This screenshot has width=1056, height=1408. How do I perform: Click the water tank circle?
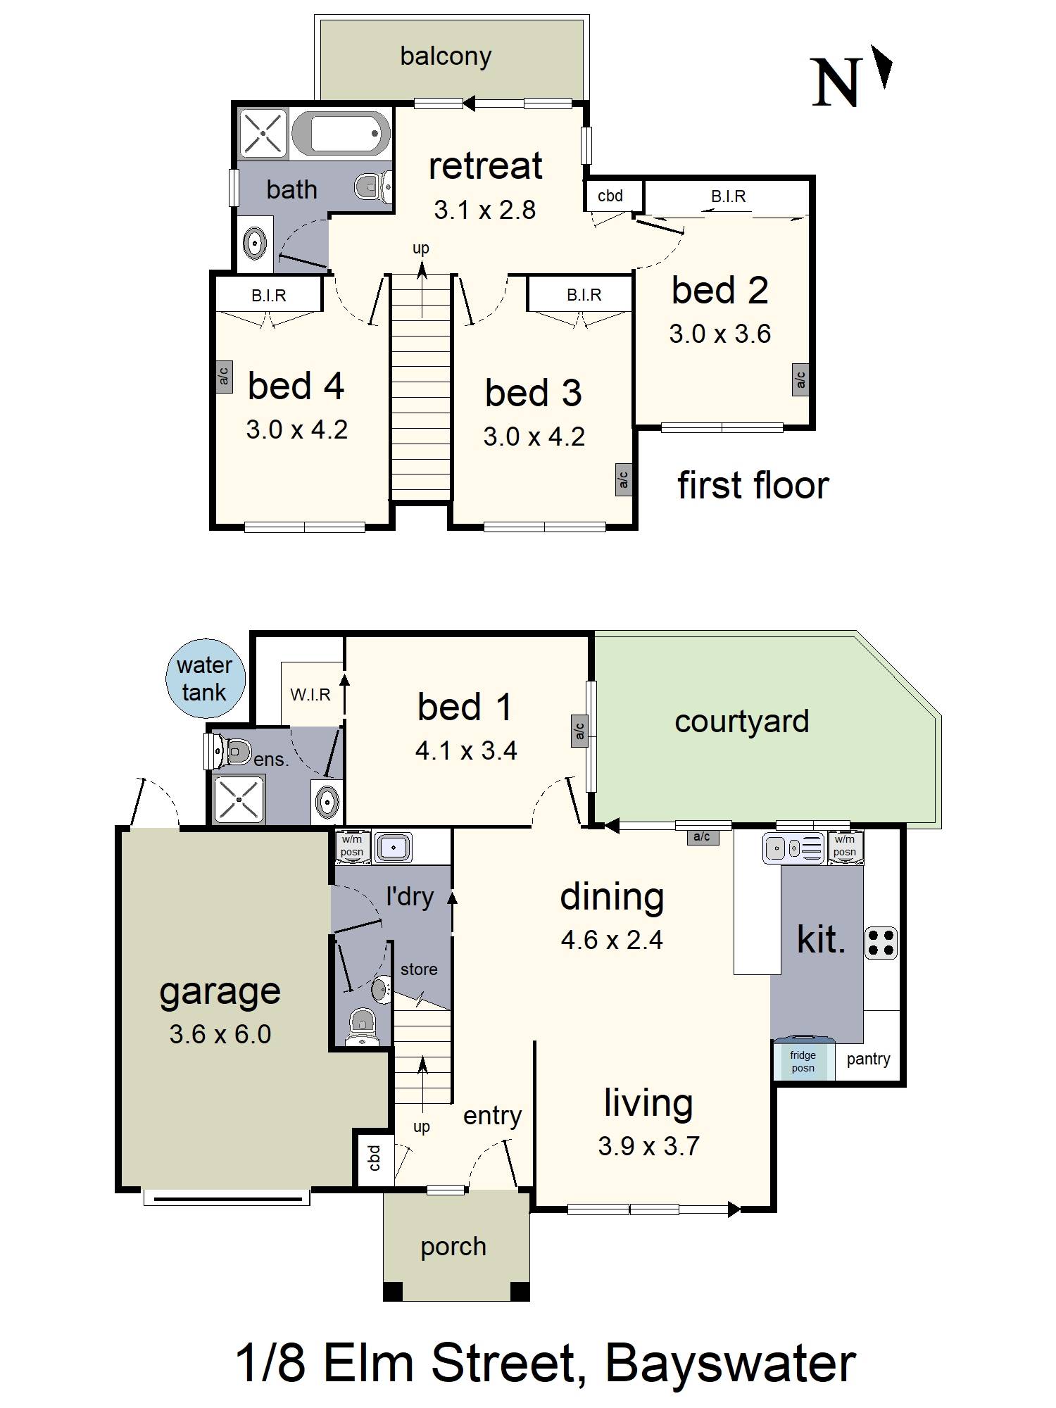tap(205, 679)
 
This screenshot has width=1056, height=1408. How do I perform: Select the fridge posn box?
tap(803, 1061)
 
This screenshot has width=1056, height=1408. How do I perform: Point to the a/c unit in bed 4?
tap(224, 377)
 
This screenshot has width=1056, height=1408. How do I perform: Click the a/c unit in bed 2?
tap(800, 380)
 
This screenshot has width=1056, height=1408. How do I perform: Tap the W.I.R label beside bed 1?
tap(310, 695)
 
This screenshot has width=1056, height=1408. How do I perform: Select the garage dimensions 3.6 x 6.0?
tap(220, 1034)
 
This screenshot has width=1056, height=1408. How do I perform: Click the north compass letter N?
tap(836, 82)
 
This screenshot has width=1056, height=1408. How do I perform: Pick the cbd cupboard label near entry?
tap(374, 1157)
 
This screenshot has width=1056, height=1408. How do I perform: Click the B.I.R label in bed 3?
tap(584, 295)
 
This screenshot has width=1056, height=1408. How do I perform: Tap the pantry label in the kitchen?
tap(868, 1059)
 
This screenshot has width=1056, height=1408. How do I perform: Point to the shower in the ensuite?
tap(239, 800)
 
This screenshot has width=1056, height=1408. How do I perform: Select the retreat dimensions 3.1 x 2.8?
tap(484, 210)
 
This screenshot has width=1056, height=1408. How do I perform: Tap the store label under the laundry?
tap(419, 969)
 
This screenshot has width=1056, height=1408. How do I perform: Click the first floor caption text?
tap(753, 486)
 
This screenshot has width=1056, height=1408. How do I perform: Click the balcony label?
tap(446, 56)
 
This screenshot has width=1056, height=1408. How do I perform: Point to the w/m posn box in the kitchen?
tap(845, 846)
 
